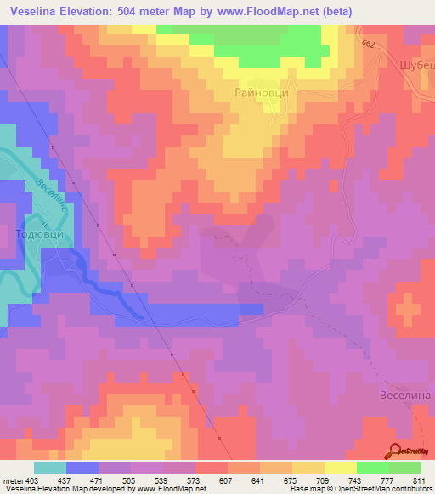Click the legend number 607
tap(227, 480)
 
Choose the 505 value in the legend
tap(131, 480)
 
